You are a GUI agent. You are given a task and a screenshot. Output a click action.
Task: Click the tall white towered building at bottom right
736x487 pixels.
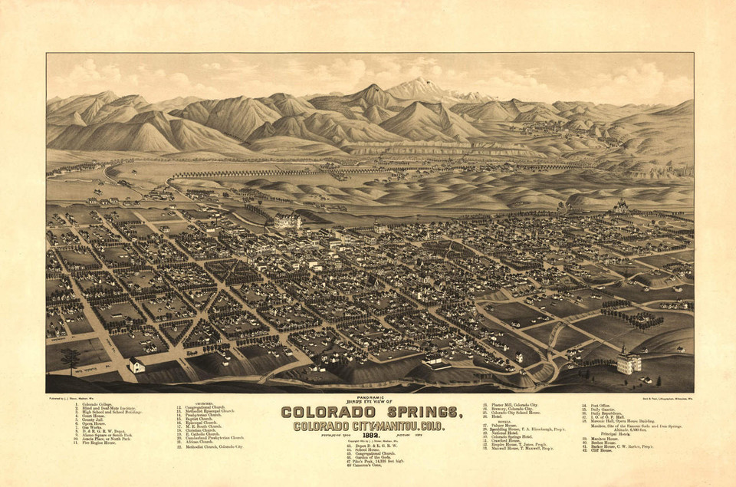click(x=628, y=360)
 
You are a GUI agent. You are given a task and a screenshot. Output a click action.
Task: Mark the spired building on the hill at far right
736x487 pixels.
click(x=620, y=206)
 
